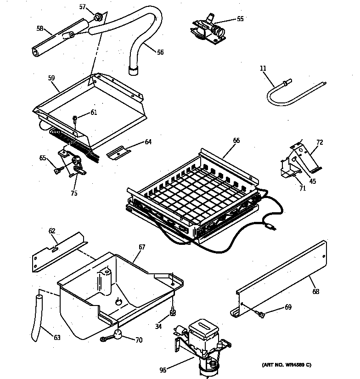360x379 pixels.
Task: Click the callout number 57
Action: tap(82, 6)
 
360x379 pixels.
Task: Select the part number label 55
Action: tap(240, 19)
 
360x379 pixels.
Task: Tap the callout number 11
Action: tap(263, 68)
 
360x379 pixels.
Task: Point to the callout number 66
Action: tap(236, 141)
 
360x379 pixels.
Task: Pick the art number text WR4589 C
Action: tap(286, 365)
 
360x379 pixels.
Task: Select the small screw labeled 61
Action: tap(74, 119)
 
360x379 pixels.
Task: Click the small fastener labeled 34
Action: tap(173, 313)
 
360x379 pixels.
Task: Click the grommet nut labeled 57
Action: tap(97, 18)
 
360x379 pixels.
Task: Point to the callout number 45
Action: tap(312, 181)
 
